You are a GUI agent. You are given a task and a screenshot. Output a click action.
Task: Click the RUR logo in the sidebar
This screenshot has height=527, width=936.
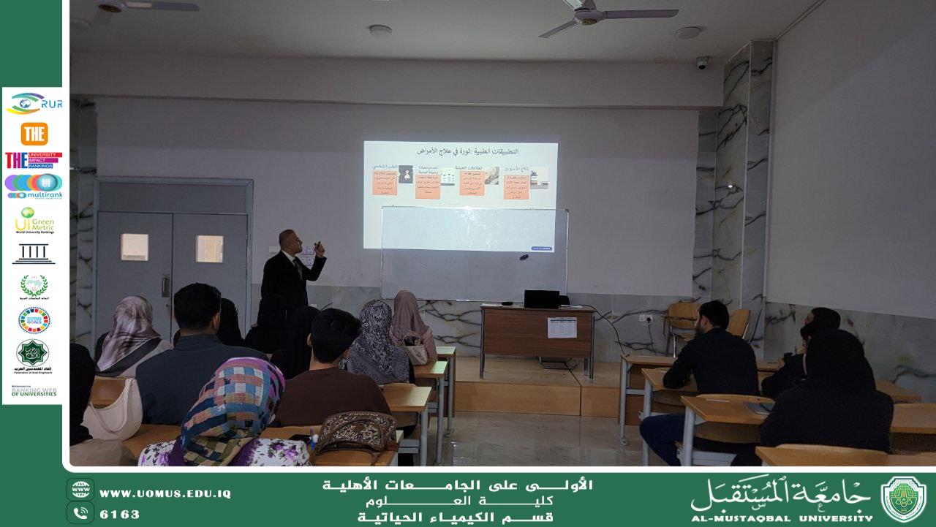tap(34, 104)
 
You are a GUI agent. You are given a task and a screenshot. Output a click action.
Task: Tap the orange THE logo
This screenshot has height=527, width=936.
tap(34, 134)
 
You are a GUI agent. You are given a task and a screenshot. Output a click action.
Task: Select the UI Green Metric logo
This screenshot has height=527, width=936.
tap(34, 220)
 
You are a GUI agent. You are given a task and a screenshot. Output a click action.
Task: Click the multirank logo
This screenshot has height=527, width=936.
tap(34, 186)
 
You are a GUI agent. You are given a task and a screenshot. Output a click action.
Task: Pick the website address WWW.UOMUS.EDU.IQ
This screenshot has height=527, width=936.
tap(165, 494)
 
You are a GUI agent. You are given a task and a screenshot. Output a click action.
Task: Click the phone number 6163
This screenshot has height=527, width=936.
tap(119, 514)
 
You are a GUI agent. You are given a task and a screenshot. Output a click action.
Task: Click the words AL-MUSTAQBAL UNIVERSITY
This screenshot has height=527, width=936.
tap(781, 517)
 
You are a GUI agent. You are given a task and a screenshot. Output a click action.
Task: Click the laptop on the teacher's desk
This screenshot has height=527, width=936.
tap(542, 298)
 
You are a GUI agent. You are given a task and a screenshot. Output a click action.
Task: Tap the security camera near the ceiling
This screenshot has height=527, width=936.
tap(702, 63)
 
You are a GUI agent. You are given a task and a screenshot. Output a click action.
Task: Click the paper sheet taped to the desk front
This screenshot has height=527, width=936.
tap(562, 327)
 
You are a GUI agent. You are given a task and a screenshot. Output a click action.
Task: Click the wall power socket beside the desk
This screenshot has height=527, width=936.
tap(644, 318)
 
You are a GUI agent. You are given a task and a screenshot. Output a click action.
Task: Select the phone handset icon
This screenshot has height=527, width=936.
tap(80, 513)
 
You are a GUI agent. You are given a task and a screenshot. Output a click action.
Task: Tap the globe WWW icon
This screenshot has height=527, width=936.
tap(80, 490)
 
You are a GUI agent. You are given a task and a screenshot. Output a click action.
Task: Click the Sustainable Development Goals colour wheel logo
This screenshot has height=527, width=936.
tap(34, 319)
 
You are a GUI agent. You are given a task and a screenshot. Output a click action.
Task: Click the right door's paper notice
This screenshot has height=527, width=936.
tap(210, 249)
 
